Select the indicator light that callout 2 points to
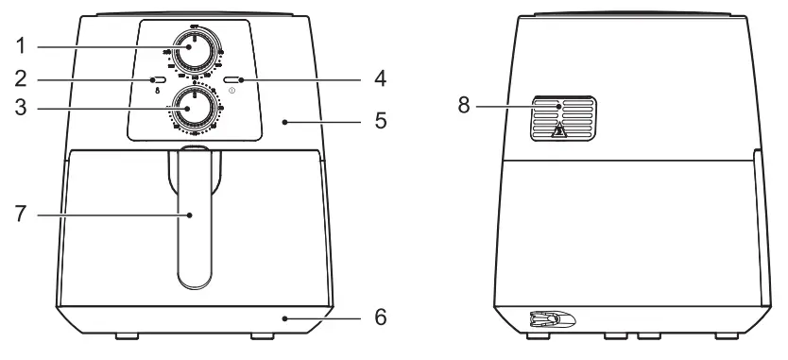click(x=156, y=80)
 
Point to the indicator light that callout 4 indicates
click(x=232, y=80)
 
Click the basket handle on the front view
click(x=193, y=217)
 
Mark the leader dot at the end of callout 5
click(x=285, y=121)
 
